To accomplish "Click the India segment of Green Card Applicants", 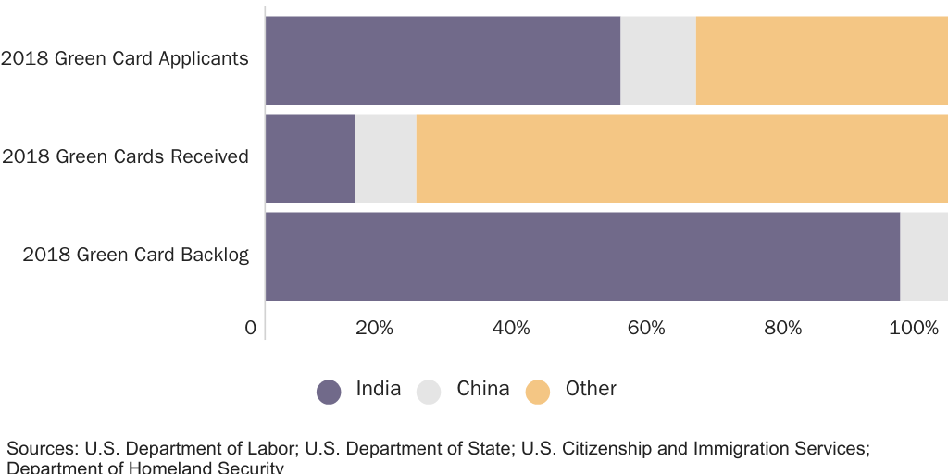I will (x=443, y=60).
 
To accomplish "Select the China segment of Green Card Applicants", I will (x=657, y=60).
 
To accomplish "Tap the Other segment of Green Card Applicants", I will (x=821, y=60).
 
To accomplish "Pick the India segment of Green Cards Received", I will (x=310, y=158).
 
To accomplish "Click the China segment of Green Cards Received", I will (x=385, y=158).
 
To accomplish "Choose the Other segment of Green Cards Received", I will (x=681, y=158).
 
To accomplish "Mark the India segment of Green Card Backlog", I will (x=582, y=256).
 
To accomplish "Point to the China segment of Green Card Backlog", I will (x=923, y=256).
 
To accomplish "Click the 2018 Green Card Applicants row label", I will (x=125, y=58).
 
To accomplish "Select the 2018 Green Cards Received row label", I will (x=125, y=156).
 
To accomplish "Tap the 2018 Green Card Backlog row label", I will (x=136, y=255).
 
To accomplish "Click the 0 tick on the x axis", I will (x=250, y=328).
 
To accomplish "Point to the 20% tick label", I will (x=374, y=328).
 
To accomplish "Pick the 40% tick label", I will (x=510, y=328).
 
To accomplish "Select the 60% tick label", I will (x=646, y=328).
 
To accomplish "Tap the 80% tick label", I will (x=782, y=328).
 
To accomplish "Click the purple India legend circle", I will (x=329, y=392).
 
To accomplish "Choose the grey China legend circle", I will (x=429, y=392).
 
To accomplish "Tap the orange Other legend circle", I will (x=538, y=392).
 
